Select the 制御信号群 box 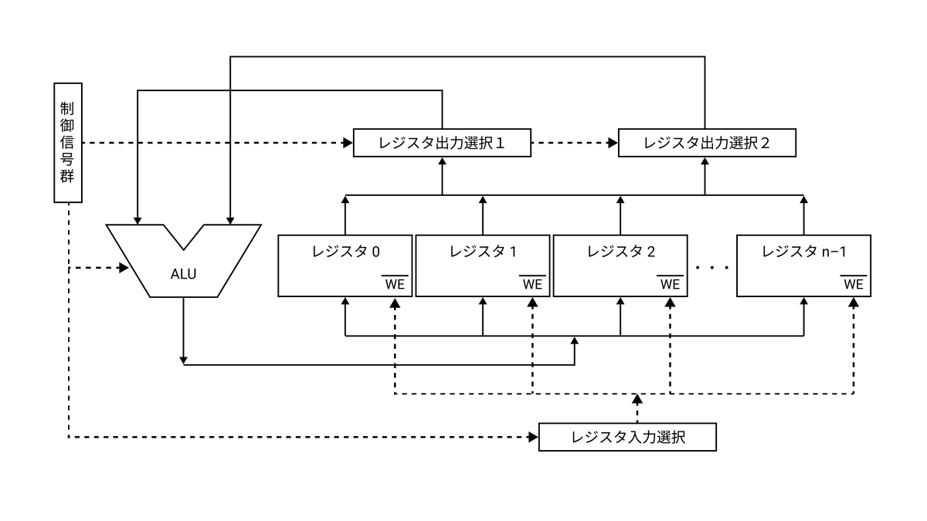(68, 142)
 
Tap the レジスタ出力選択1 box (442, 143)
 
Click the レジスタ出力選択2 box (707, 143)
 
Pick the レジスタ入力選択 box (628, 437)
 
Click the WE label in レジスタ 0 (395, 283)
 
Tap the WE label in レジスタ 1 (532, 283)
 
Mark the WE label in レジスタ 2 (670, 283)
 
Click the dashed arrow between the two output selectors (576, 143)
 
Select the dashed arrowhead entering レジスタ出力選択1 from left (347, 143)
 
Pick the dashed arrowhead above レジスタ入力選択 (637, 399)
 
